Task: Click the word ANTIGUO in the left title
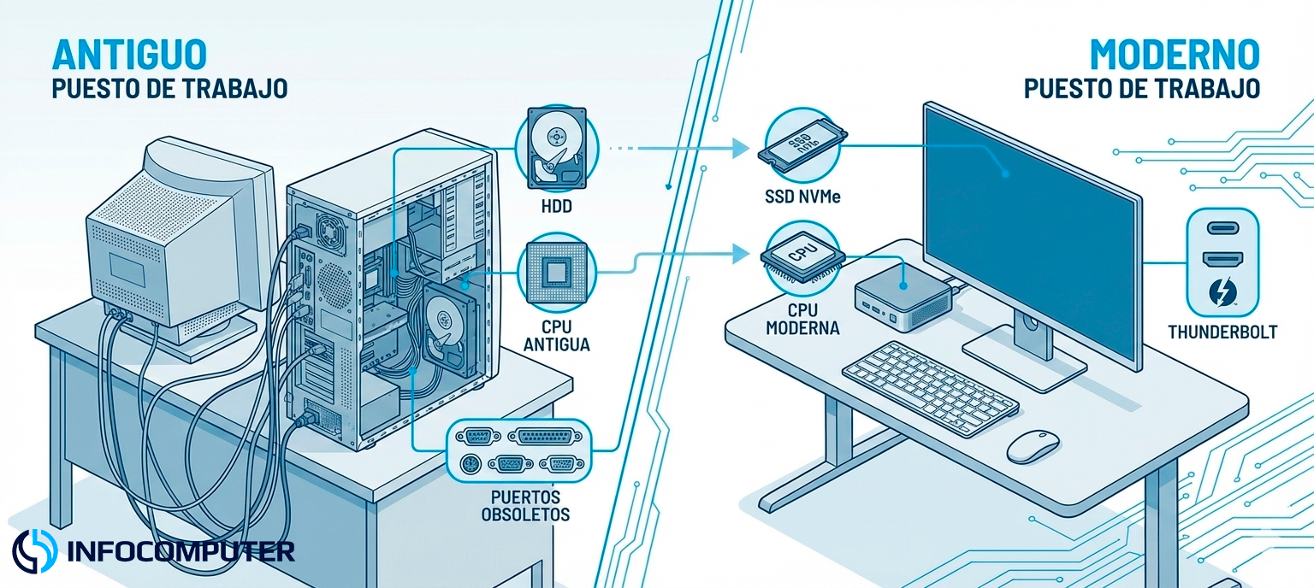coord(129,55)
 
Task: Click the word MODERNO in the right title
coord(1175,55)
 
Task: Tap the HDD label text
coord(556,207)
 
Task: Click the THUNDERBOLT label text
coord(1222,332)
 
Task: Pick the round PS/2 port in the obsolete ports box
coord(468,464)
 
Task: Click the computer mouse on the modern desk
coord(1033,447)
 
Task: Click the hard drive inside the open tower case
coord(447,329)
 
